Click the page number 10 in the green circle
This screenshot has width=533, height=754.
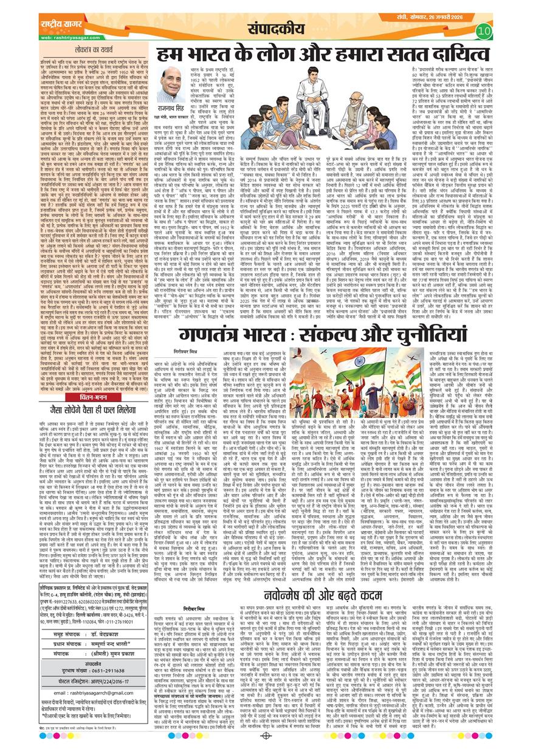tap(484, 30)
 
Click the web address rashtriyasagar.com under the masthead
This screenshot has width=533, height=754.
tap(64, 37)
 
